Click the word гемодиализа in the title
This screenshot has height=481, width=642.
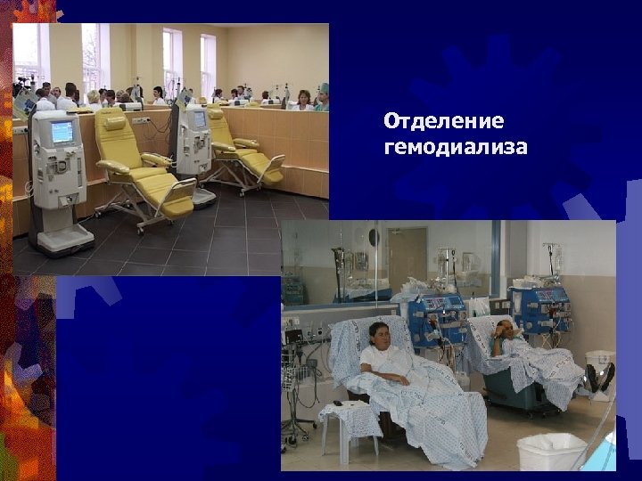(x=455, y=145)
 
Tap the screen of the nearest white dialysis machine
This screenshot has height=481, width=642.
(x=62, y=133)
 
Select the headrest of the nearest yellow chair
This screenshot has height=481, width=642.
(x=113, y=123)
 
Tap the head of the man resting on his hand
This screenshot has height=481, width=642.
(x=505, y=328)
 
